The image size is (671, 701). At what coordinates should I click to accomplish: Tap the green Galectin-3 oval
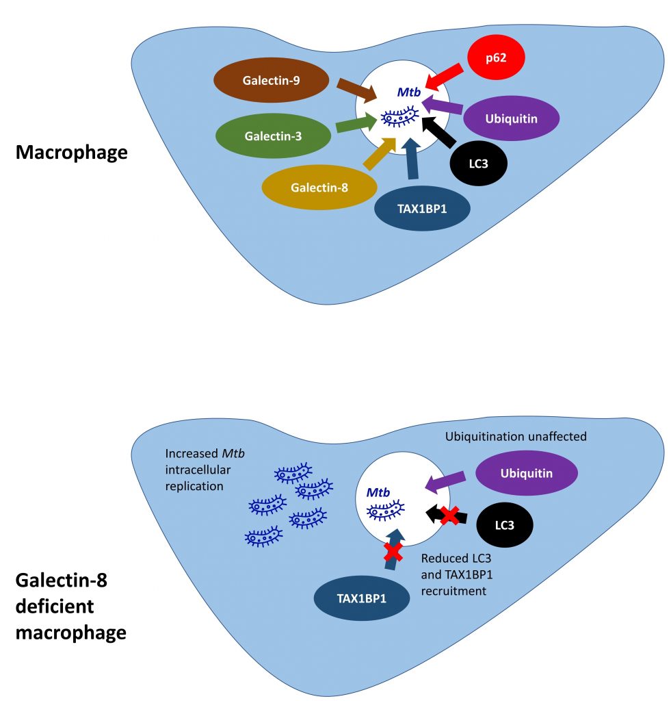point(273,135)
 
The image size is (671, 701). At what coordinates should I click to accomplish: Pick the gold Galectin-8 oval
point(319,187)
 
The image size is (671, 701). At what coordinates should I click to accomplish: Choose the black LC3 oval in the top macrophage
point(479,163)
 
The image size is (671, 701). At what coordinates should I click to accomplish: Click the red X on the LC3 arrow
point(449,515)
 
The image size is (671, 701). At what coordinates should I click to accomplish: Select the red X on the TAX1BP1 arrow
point(393,551)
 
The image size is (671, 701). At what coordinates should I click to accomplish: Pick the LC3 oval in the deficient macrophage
point(505,526)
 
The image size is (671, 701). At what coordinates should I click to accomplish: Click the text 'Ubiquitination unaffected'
point(516,436)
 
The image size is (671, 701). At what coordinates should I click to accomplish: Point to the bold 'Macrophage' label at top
point(71,152)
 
